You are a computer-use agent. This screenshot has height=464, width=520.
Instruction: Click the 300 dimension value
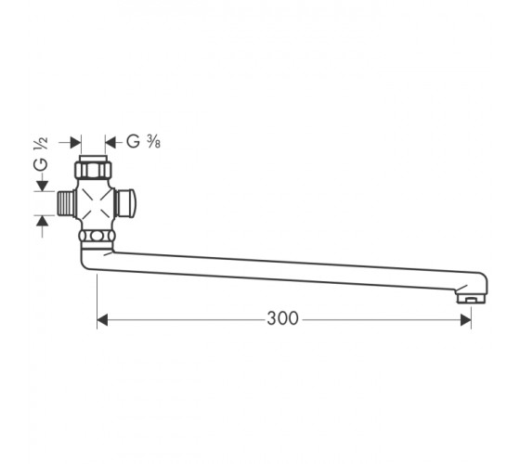tap(283, 318)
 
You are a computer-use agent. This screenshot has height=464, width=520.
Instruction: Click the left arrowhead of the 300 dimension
tap(102, 320)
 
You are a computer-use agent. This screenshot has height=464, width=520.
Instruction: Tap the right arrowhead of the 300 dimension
tap(465, 320)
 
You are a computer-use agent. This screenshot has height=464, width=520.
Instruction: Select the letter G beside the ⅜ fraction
tap(134, 141)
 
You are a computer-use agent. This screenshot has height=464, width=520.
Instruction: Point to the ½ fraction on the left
tap(41, 144)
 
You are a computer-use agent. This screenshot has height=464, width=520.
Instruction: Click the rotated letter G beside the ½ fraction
tap(41, 165)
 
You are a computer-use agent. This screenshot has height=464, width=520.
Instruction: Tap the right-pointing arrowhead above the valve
tap(76, 143)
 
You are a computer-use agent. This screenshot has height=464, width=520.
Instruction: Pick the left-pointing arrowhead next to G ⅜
tap(110, 143)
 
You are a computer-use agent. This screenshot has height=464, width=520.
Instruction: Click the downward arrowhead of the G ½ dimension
tap(42, 186)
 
